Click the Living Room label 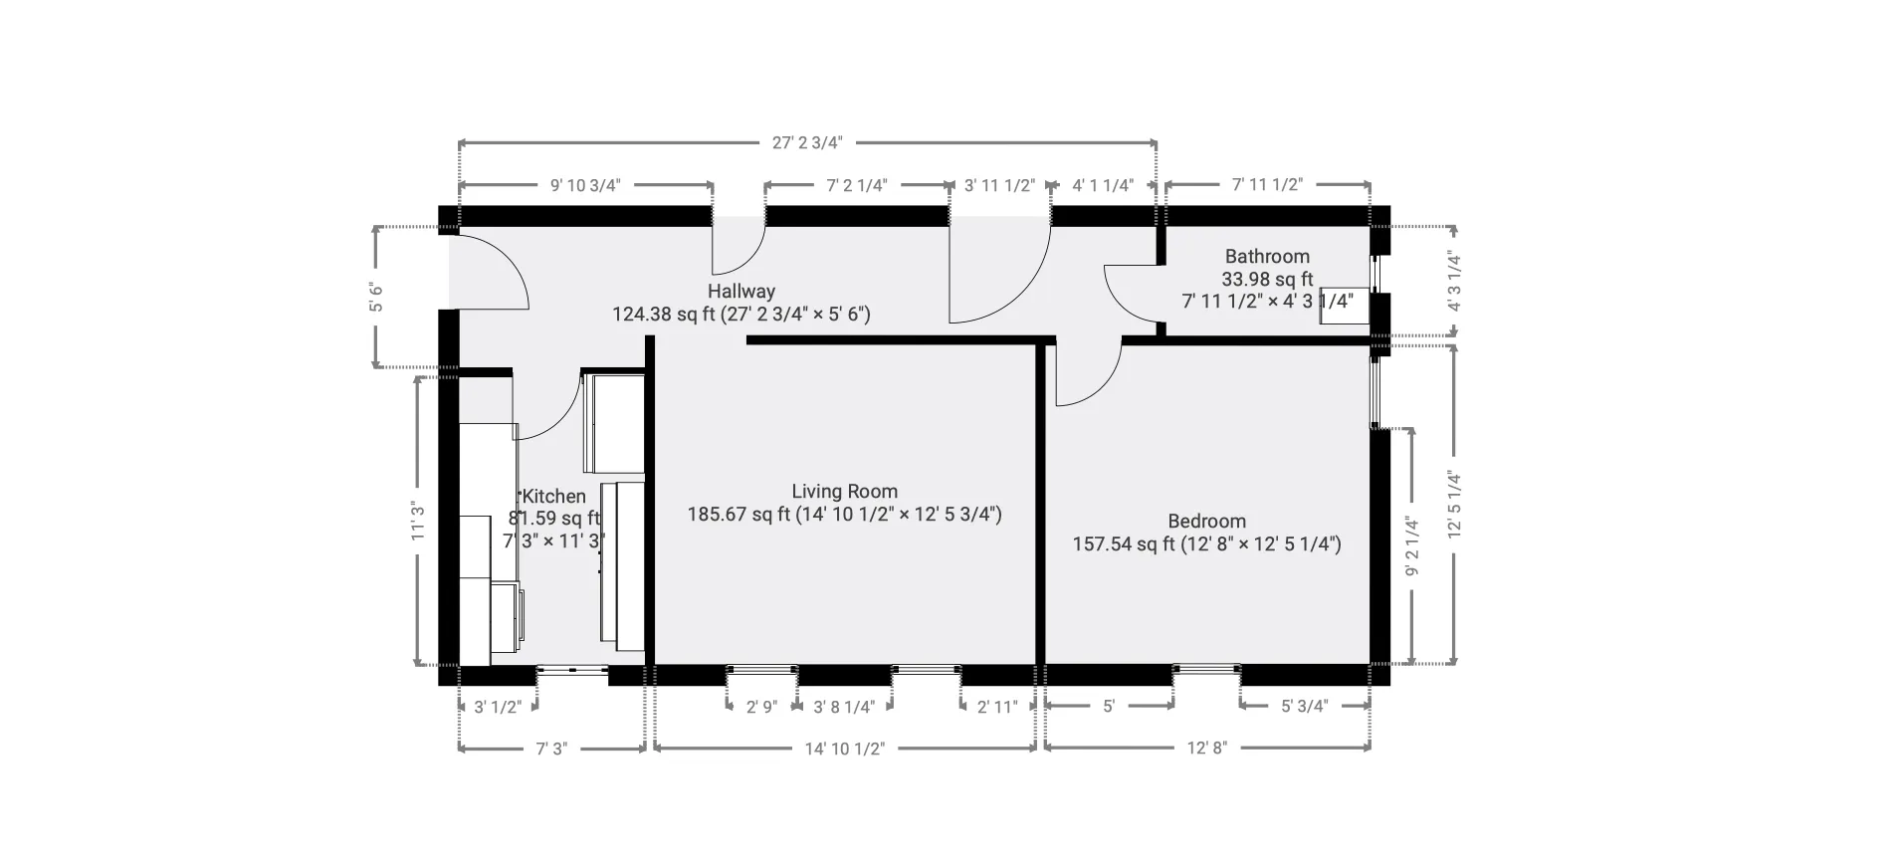coord(844,491)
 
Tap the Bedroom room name coord(1206,521)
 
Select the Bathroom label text coord(1266,256)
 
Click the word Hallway coord(740,291)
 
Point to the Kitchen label coord(554,496)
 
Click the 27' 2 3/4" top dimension coord(807,142)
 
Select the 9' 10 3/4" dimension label coord(585,185)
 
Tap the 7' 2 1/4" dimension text coord(857,185)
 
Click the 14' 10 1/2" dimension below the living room coord(844,749)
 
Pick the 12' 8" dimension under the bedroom coord(1206,749)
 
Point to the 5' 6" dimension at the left coord(376,297)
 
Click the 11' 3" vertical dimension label coord(418,522)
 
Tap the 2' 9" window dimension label coord(761,707)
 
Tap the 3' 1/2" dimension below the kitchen coord(497,707)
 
